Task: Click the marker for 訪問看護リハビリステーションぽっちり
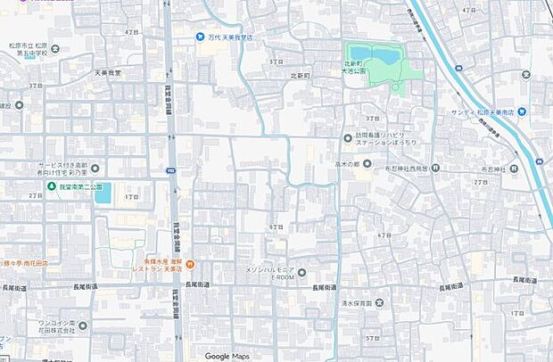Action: coord(348,137)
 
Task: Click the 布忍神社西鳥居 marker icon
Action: coord(435,168)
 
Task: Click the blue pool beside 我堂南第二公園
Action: coord(103,193)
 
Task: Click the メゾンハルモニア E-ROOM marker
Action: coord(301,273)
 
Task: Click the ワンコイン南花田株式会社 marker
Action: coord(82,325)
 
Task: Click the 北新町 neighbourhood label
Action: coord(299,76)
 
